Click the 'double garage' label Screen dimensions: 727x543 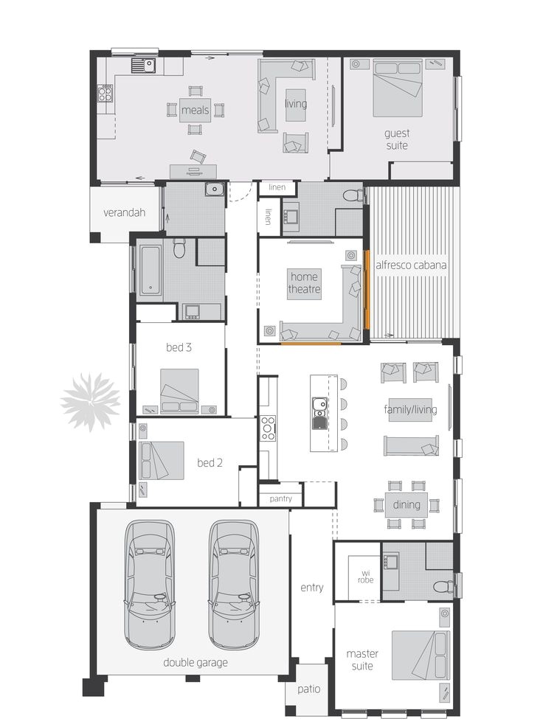click(x=195, y=662)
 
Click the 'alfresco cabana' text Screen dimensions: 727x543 click(x=411, y=265)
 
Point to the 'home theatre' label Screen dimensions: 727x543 click(x=304, y=283)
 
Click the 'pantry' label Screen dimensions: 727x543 click(x=280, y=499)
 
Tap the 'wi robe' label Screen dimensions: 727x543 click(x=366, y=576)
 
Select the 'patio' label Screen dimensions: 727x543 click(x=309, y=689)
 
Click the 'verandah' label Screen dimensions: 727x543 click(x=123, y=212)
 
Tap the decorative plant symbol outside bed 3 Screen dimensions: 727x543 click(x=89, y=401)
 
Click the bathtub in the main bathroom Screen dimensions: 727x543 click(x=150, y=271)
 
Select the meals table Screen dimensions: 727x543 click(x=196, y=111)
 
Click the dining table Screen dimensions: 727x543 click(x=406, y=505)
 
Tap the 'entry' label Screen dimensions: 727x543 click(x=311, y=588)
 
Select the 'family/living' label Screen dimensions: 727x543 click(x=410, y=409)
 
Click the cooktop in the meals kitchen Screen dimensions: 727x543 click(x=106, y=93)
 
